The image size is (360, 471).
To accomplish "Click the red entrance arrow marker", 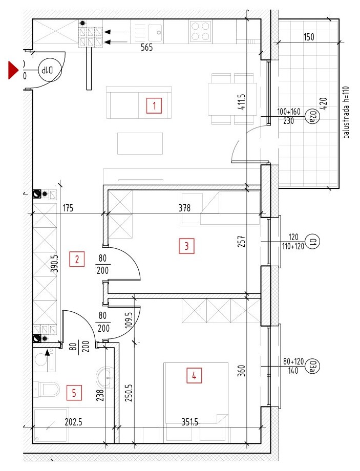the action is click(x=13, y=70).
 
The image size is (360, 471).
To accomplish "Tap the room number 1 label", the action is click(x=154, y=105).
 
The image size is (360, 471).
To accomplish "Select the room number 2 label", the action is click(x=77, y=259).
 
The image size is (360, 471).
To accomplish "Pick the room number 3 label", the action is click(x=186, y=246).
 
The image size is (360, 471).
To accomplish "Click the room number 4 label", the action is click(x=194, y=375).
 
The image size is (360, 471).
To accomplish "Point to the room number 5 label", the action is click(x=74, y=393).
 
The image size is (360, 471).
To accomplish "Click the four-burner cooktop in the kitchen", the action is click(x=200, y=31).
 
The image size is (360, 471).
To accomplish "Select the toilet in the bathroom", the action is click(x=47, y=389).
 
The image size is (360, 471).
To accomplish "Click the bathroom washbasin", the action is click(x=105, y=377).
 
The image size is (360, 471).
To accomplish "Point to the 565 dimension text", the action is click(x=147, y=48).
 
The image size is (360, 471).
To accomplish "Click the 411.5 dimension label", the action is click(x=242, y=101).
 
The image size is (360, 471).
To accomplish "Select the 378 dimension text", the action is click(x=184, y=207).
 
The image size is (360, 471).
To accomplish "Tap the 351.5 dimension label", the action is click(x=190, y=422).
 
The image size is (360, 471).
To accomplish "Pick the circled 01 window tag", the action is click(x=312, y=241).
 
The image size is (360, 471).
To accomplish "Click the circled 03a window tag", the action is click(x=312, y=366).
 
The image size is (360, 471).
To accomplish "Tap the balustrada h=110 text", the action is click(x=346, y=112).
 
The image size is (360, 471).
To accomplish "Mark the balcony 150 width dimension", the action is click(x=309, y=37).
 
